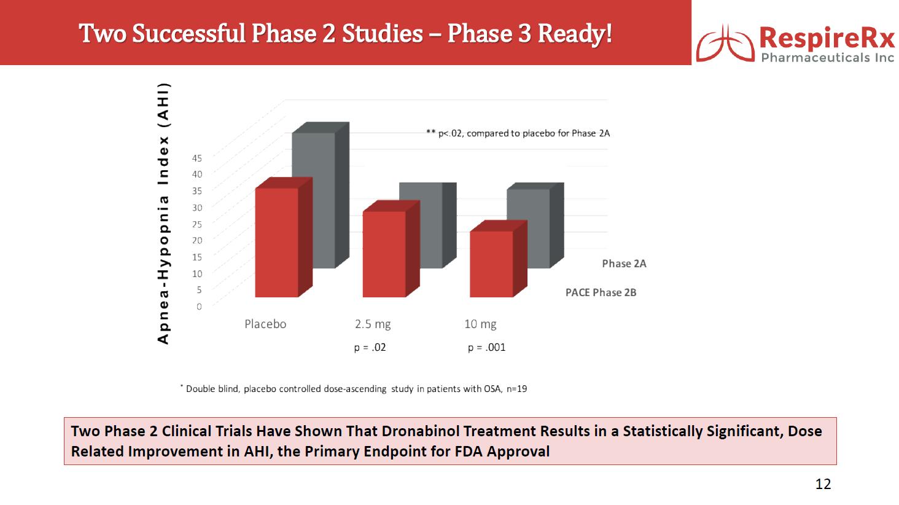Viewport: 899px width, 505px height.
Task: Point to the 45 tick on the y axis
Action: pos(197,158)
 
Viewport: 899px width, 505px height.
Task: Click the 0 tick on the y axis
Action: pos(199,307)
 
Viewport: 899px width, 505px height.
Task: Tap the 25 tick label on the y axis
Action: pos(197,224)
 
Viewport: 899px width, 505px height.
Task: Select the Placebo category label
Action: pos(265,324)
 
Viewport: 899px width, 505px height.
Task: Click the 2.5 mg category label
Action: pos(373,324)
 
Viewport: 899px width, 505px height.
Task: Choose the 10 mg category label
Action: pos(480,324)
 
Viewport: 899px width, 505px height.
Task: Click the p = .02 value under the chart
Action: pos(370,348)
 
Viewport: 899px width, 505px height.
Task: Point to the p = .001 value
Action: pos(487,348)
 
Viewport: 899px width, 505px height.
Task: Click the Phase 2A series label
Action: pos(624,264)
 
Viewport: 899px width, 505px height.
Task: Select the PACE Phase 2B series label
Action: pos(601,292)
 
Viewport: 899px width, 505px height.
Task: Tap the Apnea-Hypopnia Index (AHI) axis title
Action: pos(163,214)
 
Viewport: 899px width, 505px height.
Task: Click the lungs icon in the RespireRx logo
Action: pos(725,44)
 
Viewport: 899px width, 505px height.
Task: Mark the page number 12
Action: pos(823,484)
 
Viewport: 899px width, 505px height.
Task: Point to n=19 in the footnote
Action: pos(517,389)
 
